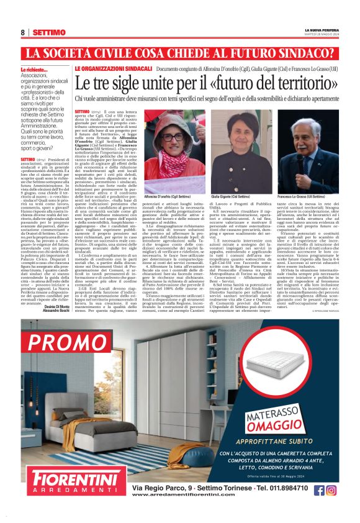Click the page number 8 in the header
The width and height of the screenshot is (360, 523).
[23, 32]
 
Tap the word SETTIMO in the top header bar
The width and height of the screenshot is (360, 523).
[49, 32]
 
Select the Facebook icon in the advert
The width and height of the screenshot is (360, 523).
[318, 490]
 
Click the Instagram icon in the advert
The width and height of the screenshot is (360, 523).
[331, 490]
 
